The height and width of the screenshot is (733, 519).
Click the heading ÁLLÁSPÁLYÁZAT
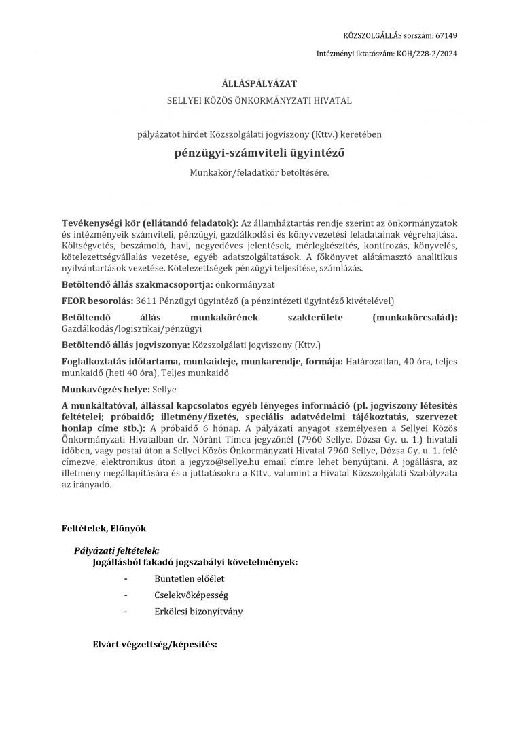[259, 84]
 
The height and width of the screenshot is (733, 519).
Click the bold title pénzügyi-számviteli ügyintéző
[259, 153]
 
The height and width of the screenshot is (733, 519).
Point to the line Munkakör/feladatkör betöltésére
[259, 172]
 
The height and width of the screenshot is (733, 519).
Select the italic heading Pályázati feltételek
[116, 551]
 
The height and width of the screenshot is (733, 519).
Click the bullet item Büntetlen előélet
[189, 578]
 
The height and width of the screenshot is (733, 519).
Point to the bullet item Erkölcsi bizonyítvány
[198, 611]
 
